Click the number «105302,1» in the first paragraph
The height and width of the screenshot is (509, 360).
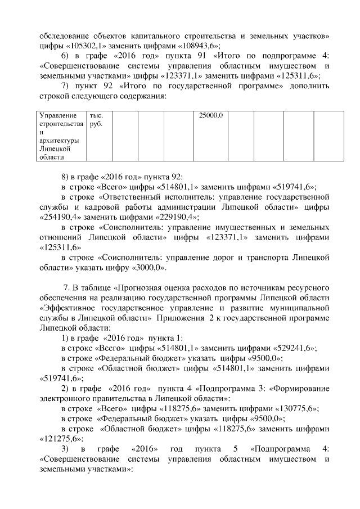pos(88,46)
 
